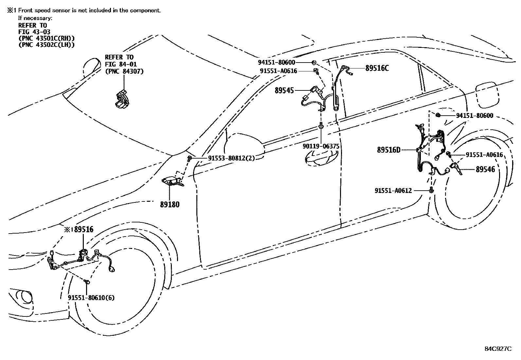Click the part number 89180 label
coord(170,205)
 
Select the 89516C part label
coord(377,68)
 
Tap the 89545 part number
coord(284,90)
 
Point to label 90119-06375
coord(321,146)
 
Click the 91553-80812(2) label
coord(231,158)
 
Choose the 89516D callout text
coord(388,150)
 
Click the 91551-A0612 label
coord(393,190)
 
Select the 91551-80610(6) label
coord(91,298)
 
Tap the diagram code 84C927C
coord(498,349)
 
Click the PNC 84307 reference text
coord(124,71)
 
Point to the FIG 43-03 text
coord(34,32)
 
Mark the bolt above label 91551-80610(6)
coord(87,281)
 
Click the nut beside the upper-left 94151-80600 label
coord(314,62)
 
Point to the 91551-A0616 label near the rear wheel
coord(484,155)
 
